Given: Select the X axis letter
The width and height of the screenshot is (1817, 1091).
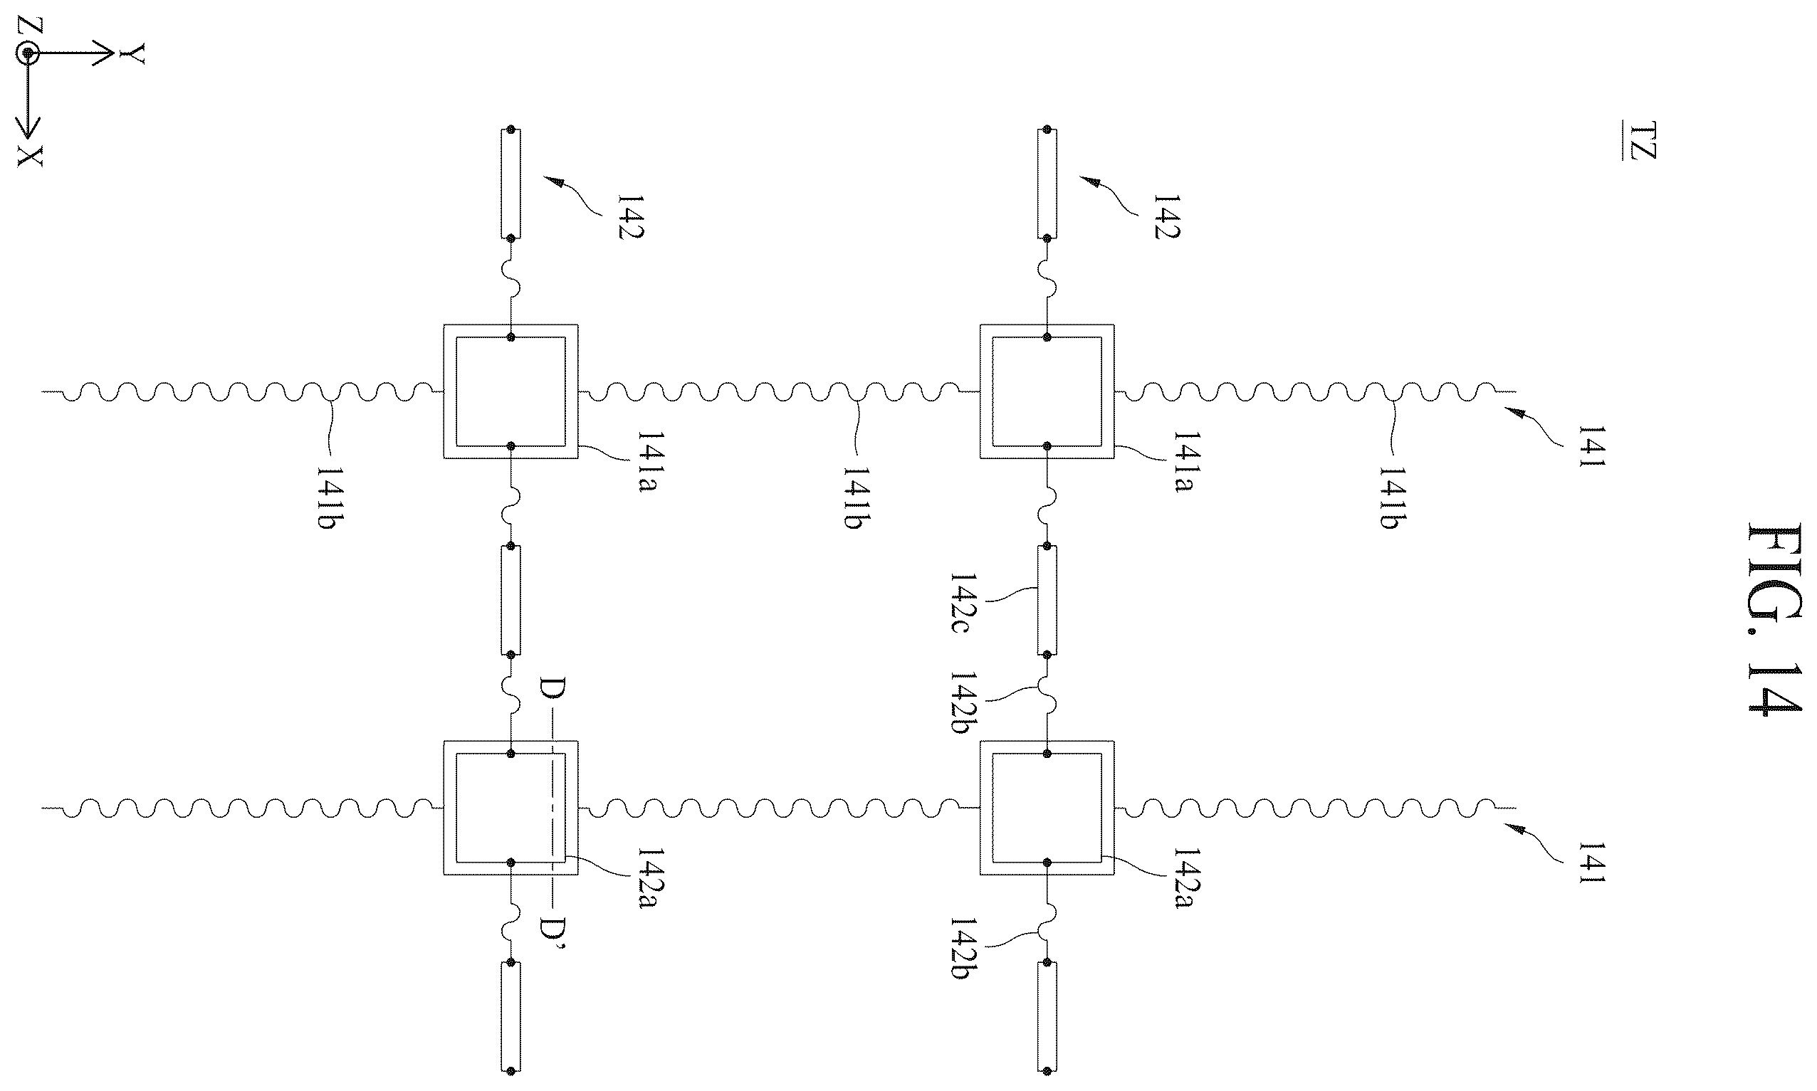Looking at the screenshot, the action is click(x=30, y=156).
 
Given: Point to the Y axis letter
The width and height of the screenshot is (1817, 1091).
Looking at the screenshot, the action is click(x=132, y=53).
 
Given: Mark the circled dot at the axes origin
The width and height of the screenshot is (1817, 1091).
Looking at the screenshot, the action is click(x=28, y=53).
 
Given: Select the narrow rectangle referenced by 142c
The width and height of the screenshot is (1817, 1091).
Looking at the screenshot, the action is click(x=1047, y=600).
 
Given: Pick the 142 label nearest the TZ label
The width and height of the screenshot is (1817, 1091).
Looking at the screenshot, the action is click(x=1166, y=216).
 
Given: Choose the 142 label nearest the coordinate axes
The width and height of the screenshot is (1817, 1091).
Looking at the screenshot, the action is click(x=631, y=216).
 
